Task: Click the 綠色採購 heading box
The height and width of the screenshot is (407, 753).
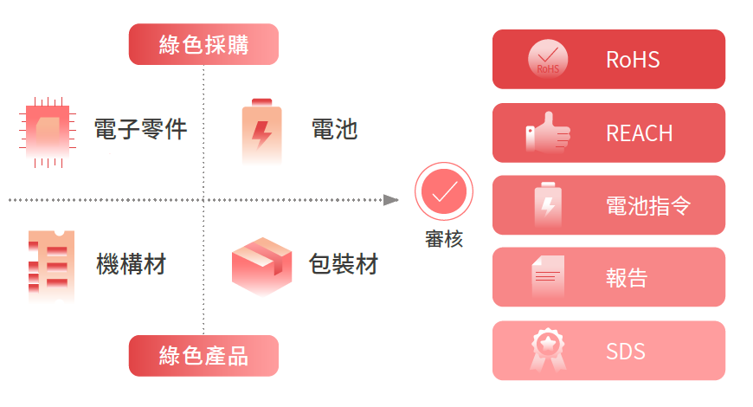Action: pos(203,44)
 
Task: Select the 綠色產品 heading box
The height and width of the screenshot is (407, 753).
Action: pos(203,356)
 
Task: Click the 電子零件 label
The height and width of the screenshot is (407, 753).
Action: pos(140,130)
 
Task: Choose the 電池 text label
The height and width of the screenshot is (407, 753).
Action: pos(334,130)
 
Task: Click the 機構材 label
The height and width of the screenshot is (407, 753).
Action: pos(131,263)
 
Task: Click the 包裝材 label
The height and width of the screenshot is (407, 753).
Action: pos(344,263)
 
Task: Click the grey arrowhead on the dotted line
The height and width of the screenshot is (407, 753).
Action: pos(391,200)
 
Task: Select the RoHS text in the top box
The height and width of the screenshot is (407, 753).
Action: pos(633,60)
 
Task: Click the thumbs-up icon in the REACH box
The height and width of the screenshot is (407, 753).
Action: pos(548,133)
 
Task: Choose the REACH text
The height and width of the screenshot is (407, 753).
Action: pos(639,133)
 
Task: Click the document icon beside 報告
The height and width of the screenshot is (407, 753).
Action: pos(546,277)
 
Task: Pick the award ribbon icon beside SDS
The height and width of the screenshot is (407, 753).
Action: pos(547,351)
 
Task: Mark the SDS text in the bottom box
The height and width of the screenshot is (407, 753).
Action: pos(625,352)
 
